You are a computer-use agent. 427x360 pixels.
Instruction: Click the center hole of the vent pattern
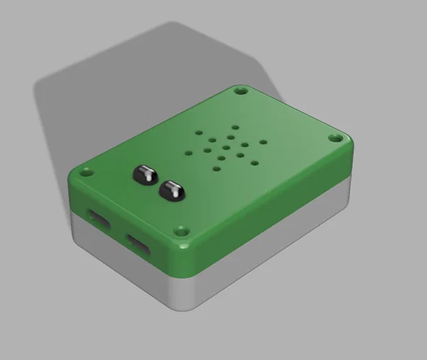click(224, 145)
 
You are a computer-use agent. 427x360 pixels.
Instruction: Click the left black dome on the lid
click(145, 174)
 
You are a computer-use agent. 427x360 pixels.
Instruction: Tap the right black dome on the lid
click(171, 189)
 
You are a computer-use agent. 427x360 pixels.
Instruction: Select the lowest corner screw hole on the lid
click(182, 231)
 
